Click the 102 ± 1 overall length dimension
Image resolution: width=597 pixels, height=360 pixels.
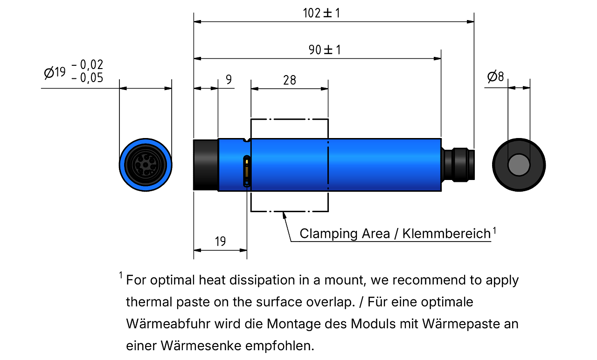click(321, 13)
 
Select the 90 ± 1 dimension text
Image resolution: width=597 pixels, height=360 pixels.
click(325, 50)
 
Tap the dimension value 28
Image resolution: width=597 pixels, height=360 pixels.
click(290, 80)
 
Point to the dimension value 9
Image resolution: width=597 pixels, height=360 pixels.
click(229, 79)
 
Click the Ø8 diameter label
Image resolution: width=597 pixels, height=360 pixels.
click(495, 76)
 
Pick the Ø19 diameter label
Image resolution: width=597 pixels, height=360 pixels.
click(55, 72)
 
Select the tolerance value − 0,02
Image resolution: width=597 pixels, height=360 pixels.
click(87, 65)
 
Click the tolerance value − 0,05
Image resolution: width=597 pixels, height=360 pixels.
click(87, 78)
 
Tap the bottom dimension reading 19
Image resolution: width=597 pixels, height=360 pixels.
click(221, 242)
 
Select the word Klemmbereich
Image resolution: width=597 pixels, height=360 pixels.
click(446, 234)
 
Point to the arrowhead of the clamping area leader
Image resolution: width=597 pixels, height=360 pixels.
click(284, 215)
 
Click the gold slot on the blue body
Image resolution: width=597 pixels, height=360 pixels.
click(247, 171)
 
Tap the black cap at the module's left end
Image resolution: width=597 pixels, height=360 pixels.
click(206, 165)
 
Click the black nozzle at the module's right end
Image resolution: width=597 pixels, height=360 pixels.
click(458, 165)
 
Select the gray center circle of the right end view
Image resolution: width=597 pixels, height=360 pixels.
click(519, 165)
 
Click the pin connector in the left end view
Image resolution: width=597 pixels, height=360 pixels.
click(146, 165)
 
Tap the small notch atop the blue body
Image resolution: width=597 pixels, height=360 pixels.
click(247, 140)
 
